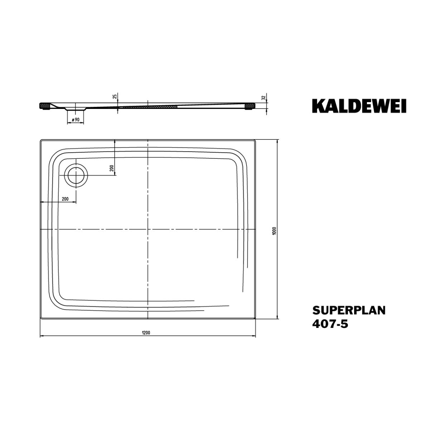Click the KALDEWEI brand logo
(359, 106)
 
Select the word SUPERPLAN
(349, 310)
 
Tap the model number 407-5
(330, 324)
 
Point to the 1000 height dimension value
(274, 230)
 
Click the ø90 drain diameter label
(75, 120)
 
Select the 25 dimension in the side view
(115, 97)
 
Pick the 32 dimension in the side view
(263, 97)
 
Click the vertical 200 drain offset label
(112, 168)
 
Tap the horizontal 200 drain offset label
(65, 199)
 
